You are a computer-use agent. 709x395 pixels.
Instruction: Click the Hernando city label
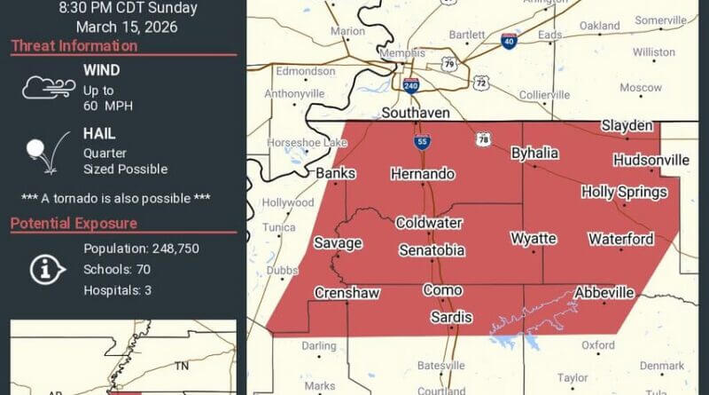423,174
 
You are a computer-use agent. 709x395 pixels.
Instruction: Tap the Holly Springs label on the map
624,192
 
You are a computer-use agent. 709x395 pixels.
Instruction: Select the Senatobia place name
432,250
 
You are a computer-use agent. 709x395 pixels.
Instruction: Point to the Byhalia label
534,153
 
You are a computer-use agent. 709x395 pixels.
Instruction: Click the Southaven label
416,113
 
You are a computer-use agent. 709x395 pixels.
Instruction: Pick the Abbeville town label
604,292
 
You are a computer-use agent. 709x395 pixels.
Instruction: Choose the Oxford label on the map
598,345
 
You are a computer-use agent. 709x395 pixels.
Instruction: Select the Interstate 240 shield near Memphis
410,85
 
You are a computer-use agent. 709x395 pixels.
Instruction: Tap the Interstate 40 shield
509,41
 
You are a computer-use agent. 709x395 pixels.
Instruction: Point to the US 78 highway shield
484,139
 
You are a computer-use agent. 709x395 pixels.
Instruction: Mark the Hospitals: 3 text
118,290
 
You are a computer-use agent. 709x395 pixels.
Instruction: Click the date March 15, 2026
127,27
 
